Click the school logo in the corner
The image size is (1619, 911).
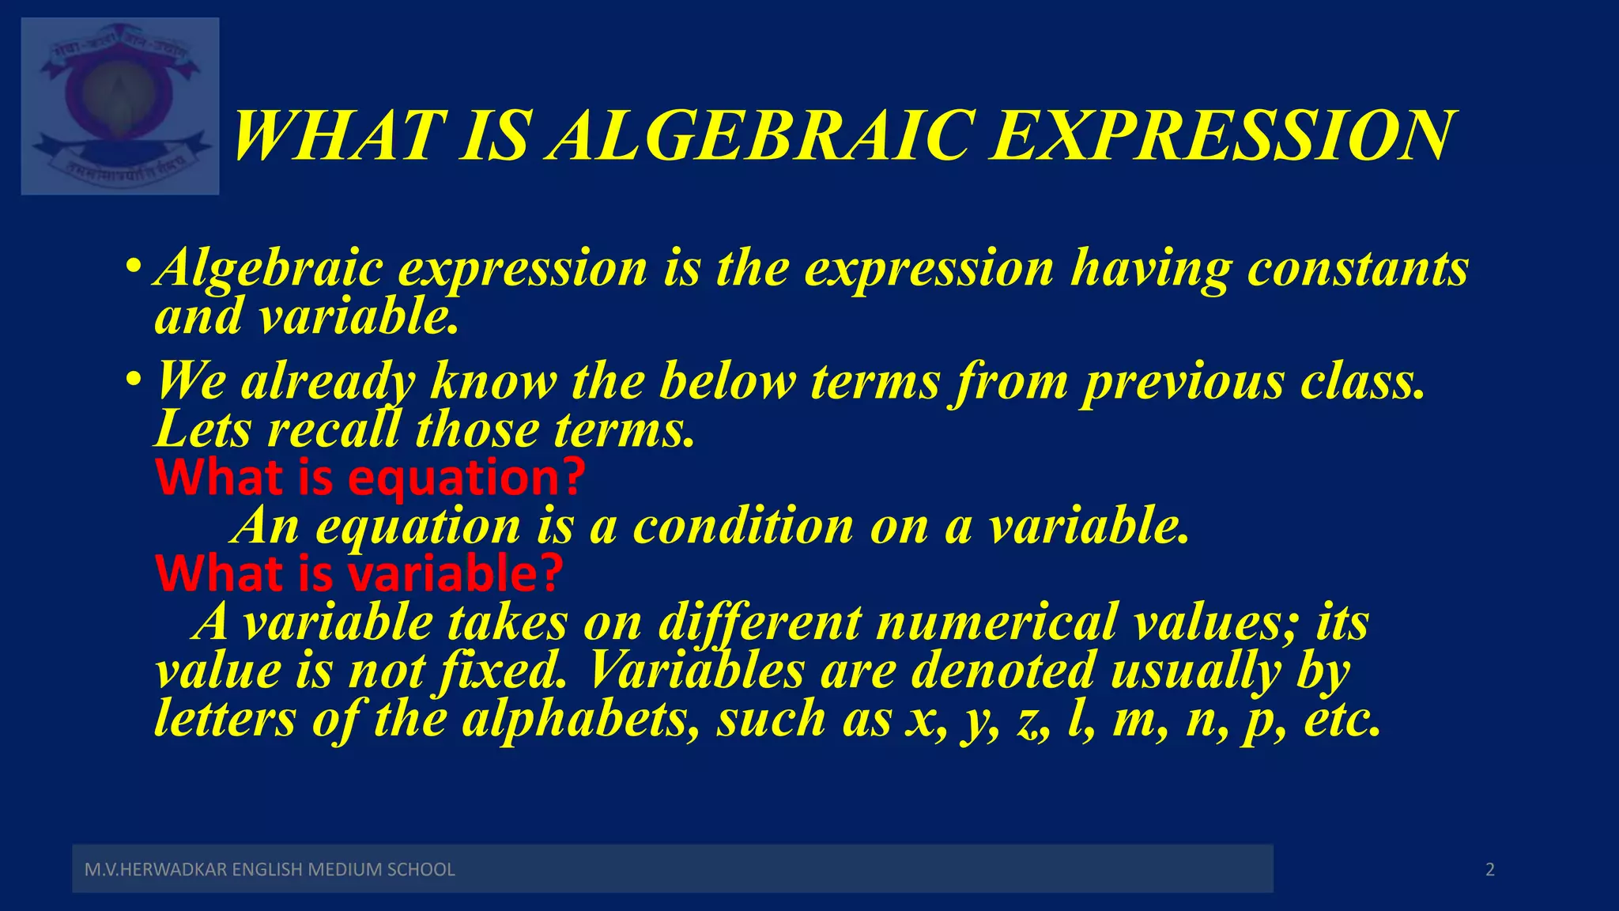(x=120, y=106)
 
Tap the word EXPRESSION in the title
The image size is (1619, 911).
(x=1222, y=135)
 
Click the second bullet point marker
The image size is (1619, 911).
(x=134, y=379)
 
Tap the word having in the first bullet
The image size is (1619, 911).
(x=1150, y=269)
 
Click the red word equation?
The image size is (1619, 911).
(x=466, y=478)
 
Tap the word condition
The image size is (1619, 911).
(x=743, y=526)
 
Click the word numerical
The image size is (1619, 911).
(x=996, y=622)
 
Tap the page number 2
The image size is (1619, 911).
(x=1490, y=870)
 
